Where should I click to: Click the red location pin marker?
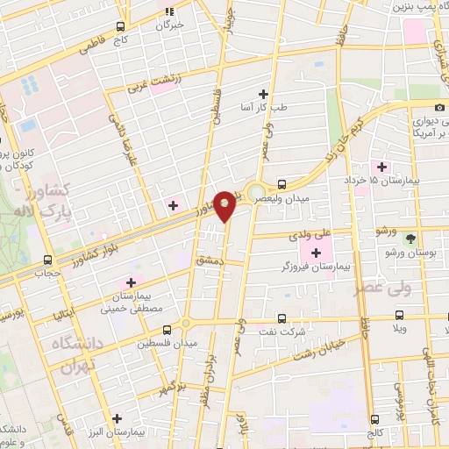click(225, 206)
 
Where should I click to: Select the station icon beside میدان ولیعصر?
click(282, 184)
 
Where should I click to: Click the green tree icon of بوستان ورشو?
click(410, 238)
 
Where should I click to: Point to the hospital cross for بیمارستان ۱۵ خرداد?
click(381, 167)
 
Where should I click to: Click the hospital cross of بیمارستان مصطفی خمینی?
click(131, 282)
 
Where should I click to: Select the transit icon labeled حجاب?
click(47, 260)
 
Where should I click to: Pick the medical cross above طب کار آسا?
click(263, 93)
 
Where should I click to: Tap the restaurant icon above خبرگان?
click(170, 11)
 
